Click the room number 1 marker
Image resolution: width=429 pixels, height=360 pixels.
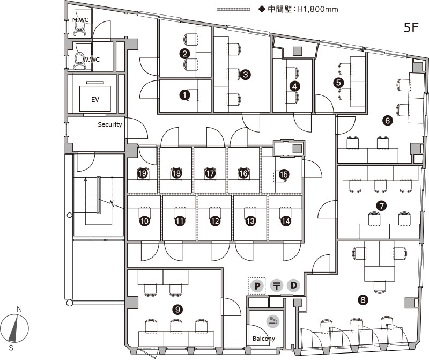pyautogui.click(x=184, y=95)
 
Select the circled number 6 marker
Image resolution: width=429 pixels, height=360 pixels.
pyautogui.click(x=388, y=121)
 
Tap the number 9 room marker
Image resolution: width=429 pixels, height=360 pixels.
pyautogui.click(x=177, y=309)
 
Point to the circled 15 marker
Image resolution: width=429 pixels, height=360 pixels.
pyautogui.click(x=284, y=174)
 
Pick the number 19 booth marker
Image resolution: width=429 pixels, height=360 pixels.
pyautogui.click(x=143, y=173)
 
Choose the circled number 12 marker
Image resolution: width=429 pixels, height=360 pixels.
pyautogui.click(x=215, y=221)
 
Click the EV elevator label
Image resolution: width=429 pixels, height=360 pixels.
pyautogui.click(x=95, y=100)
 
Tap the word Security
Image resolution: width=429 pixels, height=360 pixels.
pyautogui.click(x=110, y=124)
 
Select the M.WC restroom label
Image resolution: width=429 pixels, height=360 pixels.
pyautogui.click(x=80, y=20)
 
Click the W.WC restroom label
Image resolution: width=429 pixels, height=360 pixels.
pyautogui.click(x=91, y=60)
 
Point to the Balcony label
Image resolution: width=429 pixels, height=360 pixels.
pyautogui.click(x=264, y=339)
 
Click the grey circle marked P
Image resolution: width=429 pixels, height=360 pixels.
pyautogui.click(x=257, y=285)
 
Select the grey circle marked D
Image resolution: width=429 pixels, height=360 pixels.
pyautogui.click(x=293, y=285)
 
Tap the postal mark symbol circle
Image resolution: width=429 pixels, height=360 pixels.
pyautogui.click(x=276, y=285)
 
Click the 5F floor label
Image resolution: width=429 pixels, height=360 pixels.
pyautogui.click(x=411, y=28)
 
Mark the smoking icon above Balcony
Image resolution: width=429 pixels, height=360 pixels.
pyautogui.click(x=273, y=321)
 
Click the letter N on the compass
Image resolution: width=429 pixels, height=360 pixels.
pyautogui.click(x=19, y=310)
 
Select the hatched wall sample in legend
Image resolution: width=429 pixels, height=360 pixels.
pyautogui.click(x=234, y=9)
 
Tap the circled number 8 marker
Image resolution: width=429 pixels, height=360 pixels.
pyautogui.click(x=364, y=300)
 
